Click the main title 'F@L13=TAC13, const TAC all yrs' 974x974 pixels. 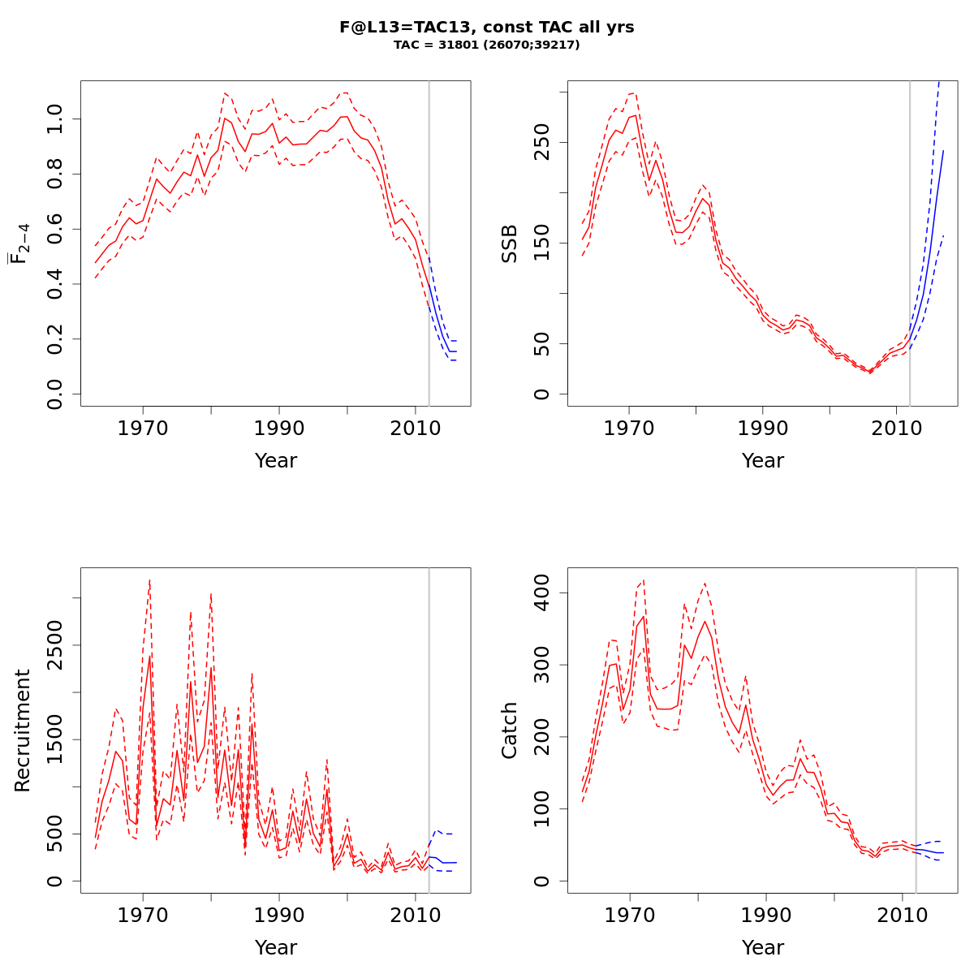pyautogui.click(x=487, y=27)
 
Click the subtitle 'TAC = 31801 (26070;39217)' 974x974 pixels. pyautogui.click(x=487, y=45)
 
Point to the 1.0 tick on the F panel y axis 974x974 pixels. pyautogui.click(x=55, y=119)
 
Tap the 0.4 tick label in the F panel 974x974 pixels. pyautogui.click(x=55, y=284)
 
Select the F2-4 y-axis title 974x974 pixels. pyautogui.click(x=19, y=243)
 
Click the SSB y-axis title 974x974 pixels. pyautogui.click(x=510, y=243)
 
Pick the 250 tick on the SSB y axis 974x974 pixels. pyautogui.click(x=542, y=142)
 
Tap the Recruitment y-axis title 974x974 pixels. pyautogui.click(x=22, y=730)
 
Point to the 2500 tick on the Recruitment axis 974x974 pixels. pyautogui.click(x=55, y=645)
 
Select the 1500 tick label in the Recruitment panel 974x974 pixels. pyautogui.click(x=55, y=739)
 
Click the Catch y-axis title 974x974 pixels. pyautogui.click(x=510, y=730)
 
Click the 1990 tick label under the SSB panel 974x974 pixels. pyautogui.click(x=763, y=428)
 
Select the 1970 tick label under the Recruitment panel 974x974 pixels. pyautogui.click(x=143, y=915)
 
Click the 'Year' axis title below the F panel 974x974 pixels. pyautogui.click(x=276, y=461)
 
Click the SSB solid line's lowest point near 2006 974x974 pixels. pyautogui.click(x=870, y=372)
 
